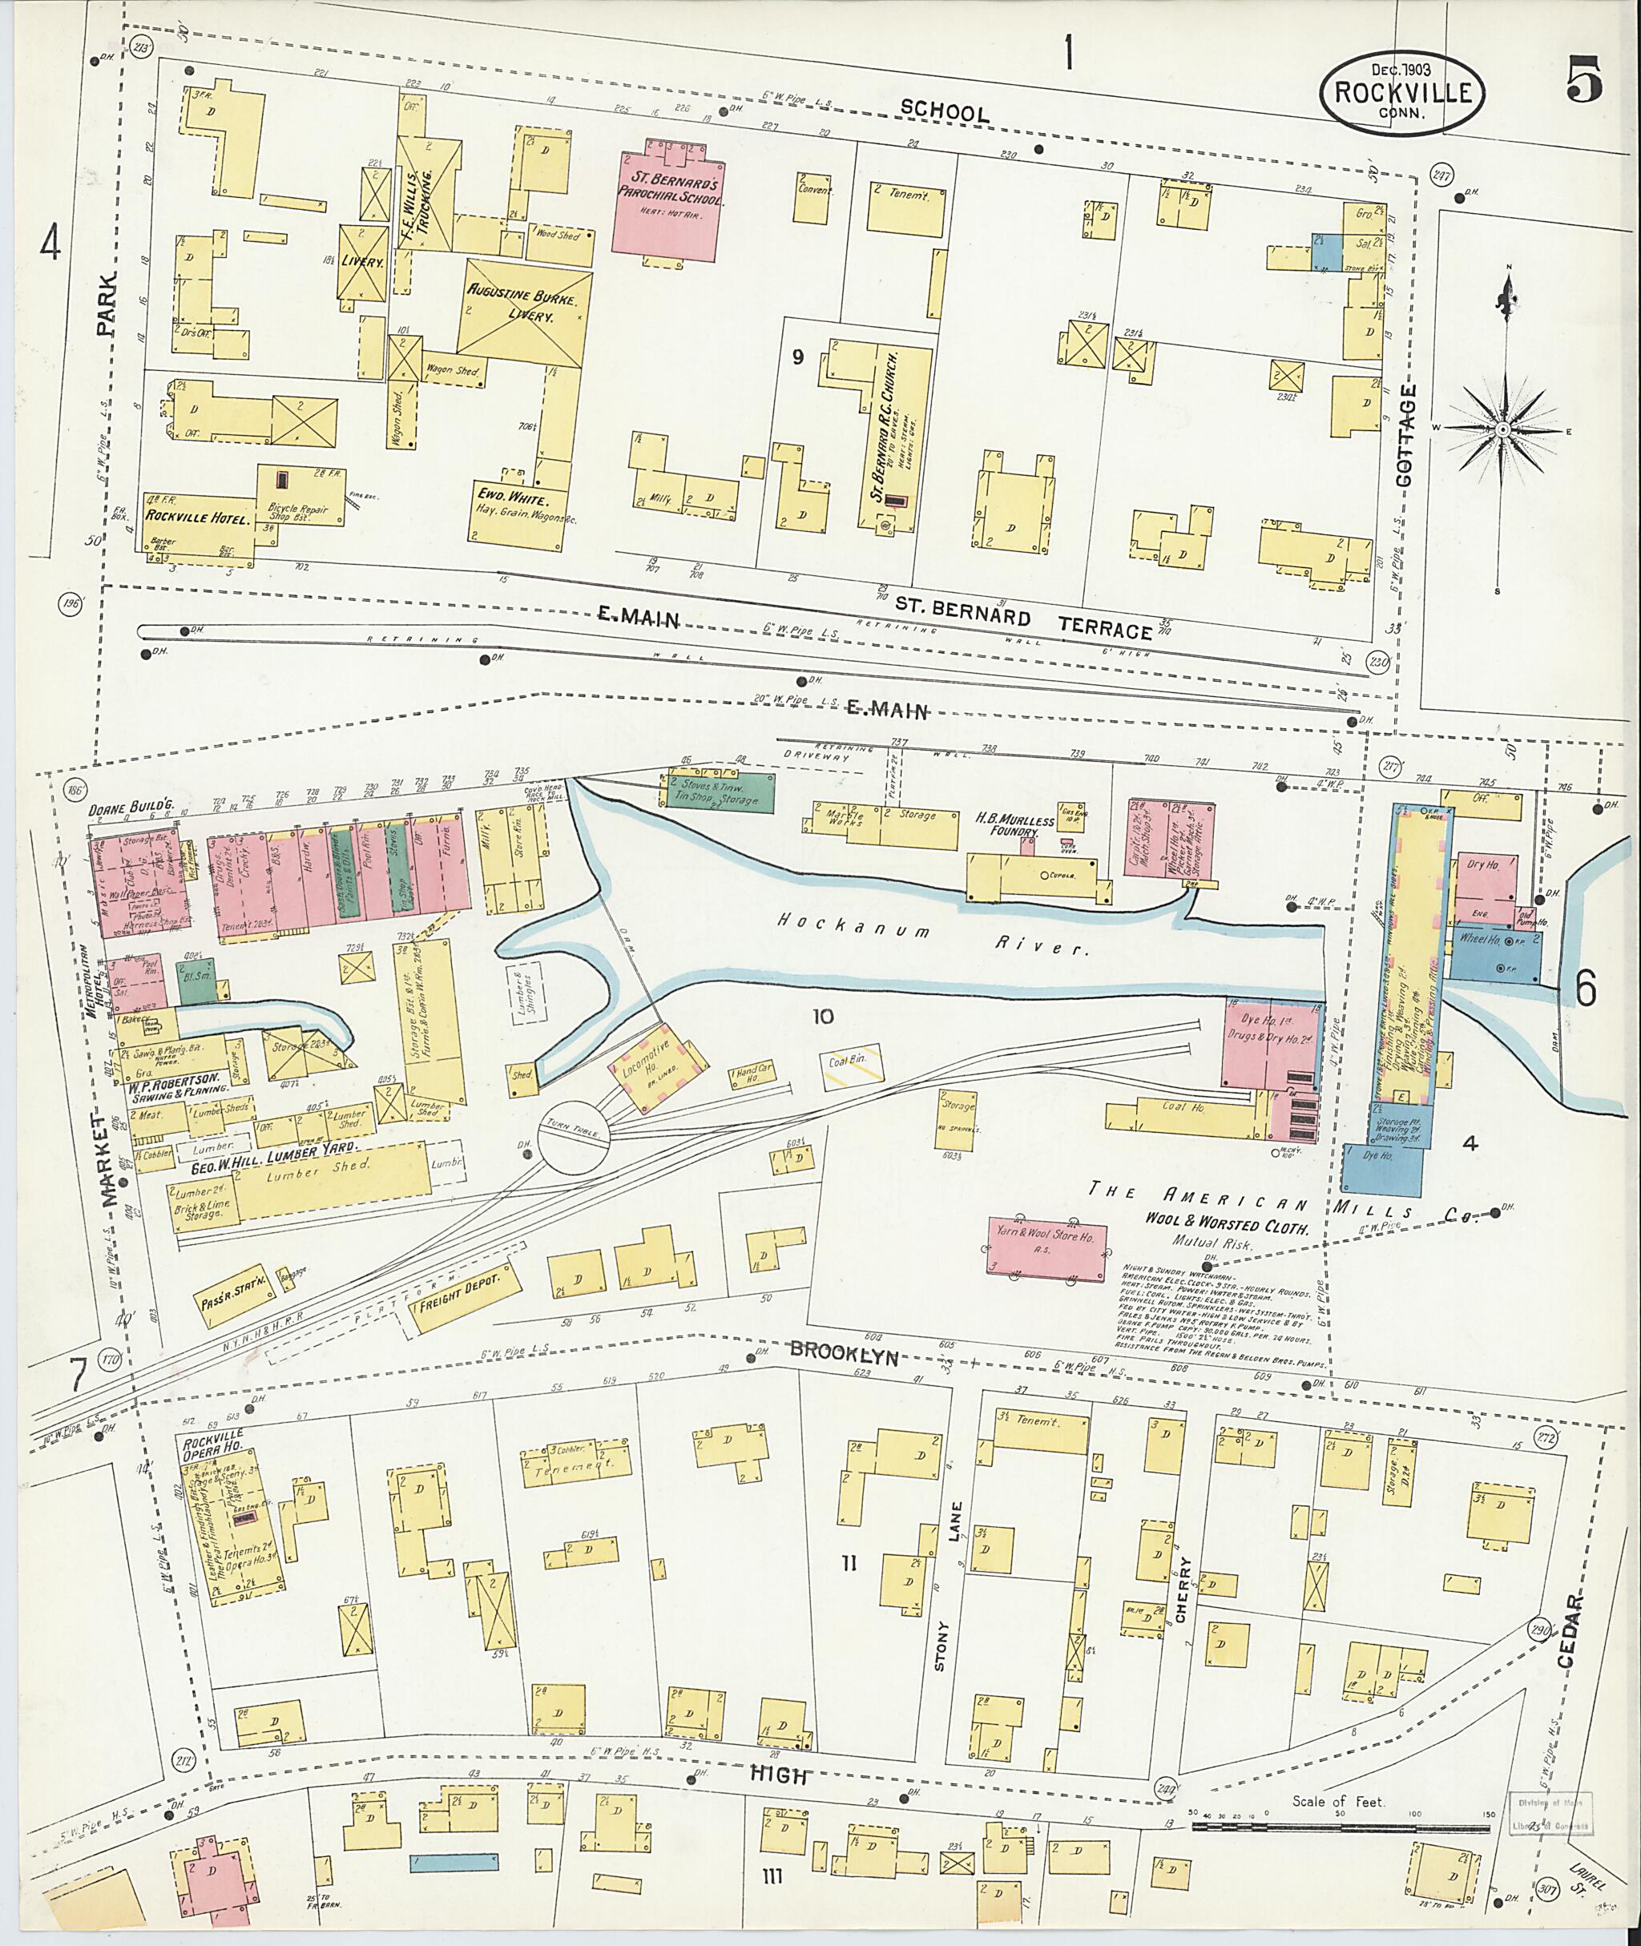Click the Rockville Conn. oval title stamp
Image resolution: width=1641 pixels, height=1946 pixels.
(x=1401, y=92)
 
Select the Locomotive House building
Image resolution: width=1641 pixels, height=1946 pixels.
(x=657, y=1067)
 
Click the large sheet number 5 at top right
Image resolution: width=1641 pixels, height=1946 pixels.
(x=1583, y=81)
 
